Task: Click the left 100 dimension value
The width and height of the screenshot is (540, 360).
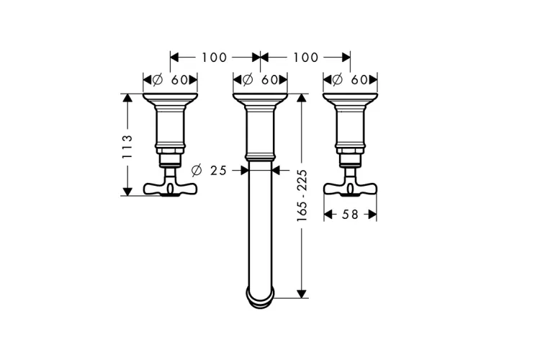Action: (215, 58)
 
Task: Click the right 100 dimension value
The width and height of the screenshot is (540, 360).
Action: (306, 58)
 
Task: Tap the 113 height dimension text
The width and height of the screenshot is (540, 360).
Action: (127, 146)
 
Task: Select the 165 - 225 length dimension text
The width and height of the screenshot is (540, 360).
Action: (302, 195)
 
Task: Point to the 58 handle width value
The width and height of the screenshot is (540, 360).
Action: (350, 215)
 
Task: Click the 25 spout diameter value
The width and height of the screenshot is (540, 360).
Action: (219, 170)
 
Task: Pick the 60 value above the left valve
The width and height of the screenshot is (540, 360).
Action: (179, 80)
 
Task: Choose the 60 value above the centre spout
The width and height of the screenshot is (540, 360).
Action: (269, 80)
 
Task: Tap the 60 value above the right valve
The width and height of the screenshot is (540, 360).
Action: (359, 80)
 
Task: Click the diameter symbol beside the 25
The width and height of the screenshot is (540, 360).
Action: (197, 170)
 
